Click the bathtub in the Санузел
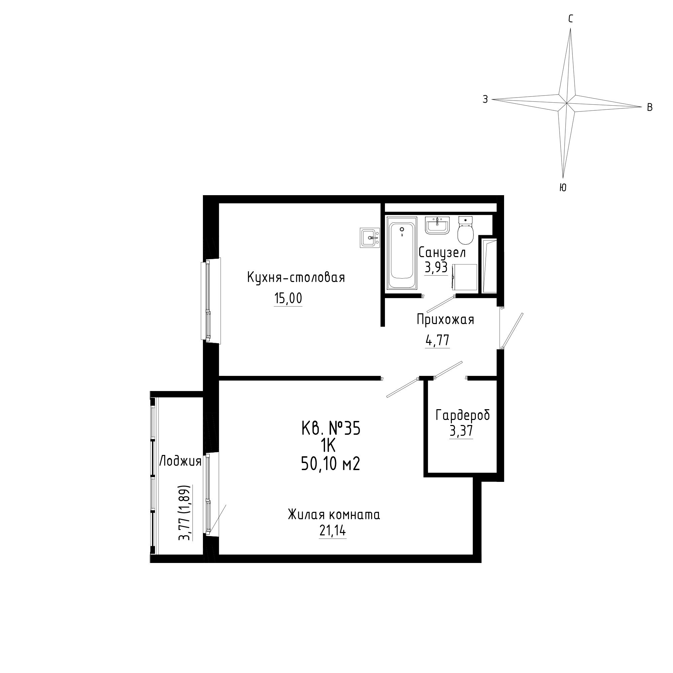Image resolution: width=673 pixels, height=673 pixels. [x=402, y=253]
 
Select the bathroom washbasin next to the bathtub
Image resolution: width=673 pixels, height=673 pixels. [x=437, y=225]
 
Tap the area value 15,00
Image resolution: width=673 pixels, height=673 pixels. [x=288, y=298]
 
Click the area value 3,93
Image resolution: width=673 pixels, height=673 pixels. [x=436, y=267]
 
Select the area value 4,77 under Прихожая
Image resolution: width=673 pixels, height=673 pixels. [x=437, y=340]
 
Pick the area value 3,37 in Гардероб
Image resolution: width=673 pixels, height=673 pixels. [x=461, y=431]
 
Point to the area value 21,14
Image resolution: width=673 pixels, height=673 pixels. [x=333, y=531]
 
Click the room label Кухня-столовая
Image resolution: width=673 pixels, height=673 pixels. [x=296, y=278]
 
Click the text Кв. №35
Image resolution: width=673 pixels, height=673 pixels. [x=330, y=428]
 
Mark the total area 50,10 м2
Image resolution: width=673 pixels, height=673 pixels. [x=330, y=464]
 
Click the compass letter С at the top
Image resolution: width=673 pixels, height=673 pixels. [x=571, y=19]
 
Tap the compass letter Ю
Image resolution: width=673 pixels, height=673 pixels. [x=563, y=188]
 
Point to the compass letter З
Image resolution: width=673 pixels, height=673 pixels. [x=485, y=100]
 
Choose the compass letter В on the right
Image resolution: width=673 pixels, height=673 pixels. [x=650, y=107]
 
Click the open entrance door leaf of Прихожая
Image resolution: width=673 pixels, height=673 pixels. [x=512, y=330]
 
